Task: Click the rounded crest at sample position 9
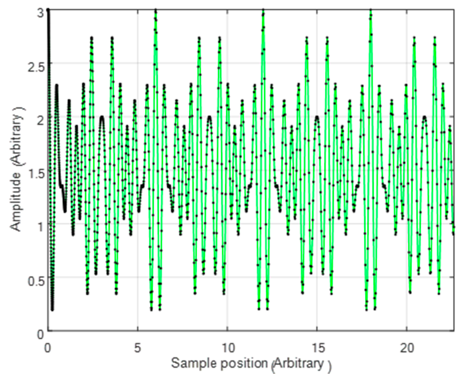pyautogui.click(x=209, y=117)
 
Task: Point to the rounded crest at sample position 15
pyautogui.click(x=317, y=117)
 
